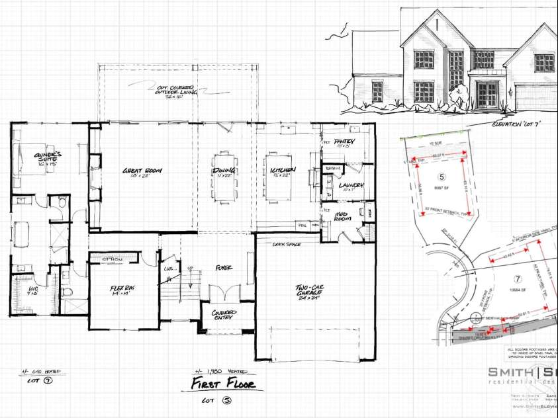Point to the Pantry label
pos(345,142)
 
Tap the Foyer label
pos(222,269)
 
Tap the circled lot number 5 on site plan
pos(442,177)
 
